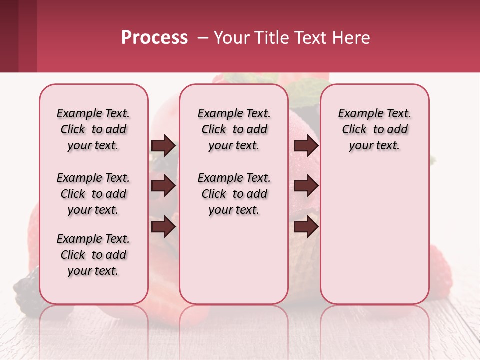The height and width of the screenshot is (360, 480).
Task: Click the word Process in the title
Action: tap(154, 38)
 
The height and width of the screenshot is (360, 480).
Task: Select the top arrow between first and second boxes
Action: tap(163, 146)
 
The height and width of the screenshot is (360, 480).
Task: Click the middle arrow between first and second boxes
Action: tap(163, 186)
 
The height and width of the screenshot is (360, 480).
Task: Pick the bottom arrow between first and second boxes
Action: tap(163, 227)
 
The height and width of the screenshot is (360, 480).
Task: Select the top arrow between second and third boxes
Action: tap(306, 146)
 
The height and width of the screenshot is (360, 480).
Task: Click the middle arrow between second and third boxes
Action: tap(306, 186)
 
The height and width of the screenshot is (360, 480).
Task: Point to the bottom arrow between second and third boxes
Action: tap(306, 227)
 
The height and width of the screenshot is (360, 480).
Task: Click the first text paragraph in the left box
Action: tap(93, 129)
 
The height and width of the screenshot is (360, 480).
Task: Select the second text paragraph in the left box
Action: tap(93, 194)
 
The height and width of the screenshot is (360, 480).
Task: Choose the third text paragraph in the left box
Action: tap(93, 255)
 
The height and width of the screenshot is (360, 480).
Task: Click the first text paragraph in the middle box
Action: tap(234, 129)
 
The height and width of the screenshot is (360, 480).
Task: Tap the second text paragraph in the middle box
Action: tap(234, 194)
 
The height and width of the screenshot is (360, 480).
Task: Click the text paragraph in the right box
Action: tap(375, 129)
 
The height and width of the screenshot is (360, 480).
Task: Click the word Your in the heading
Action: tap(231, 38)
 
